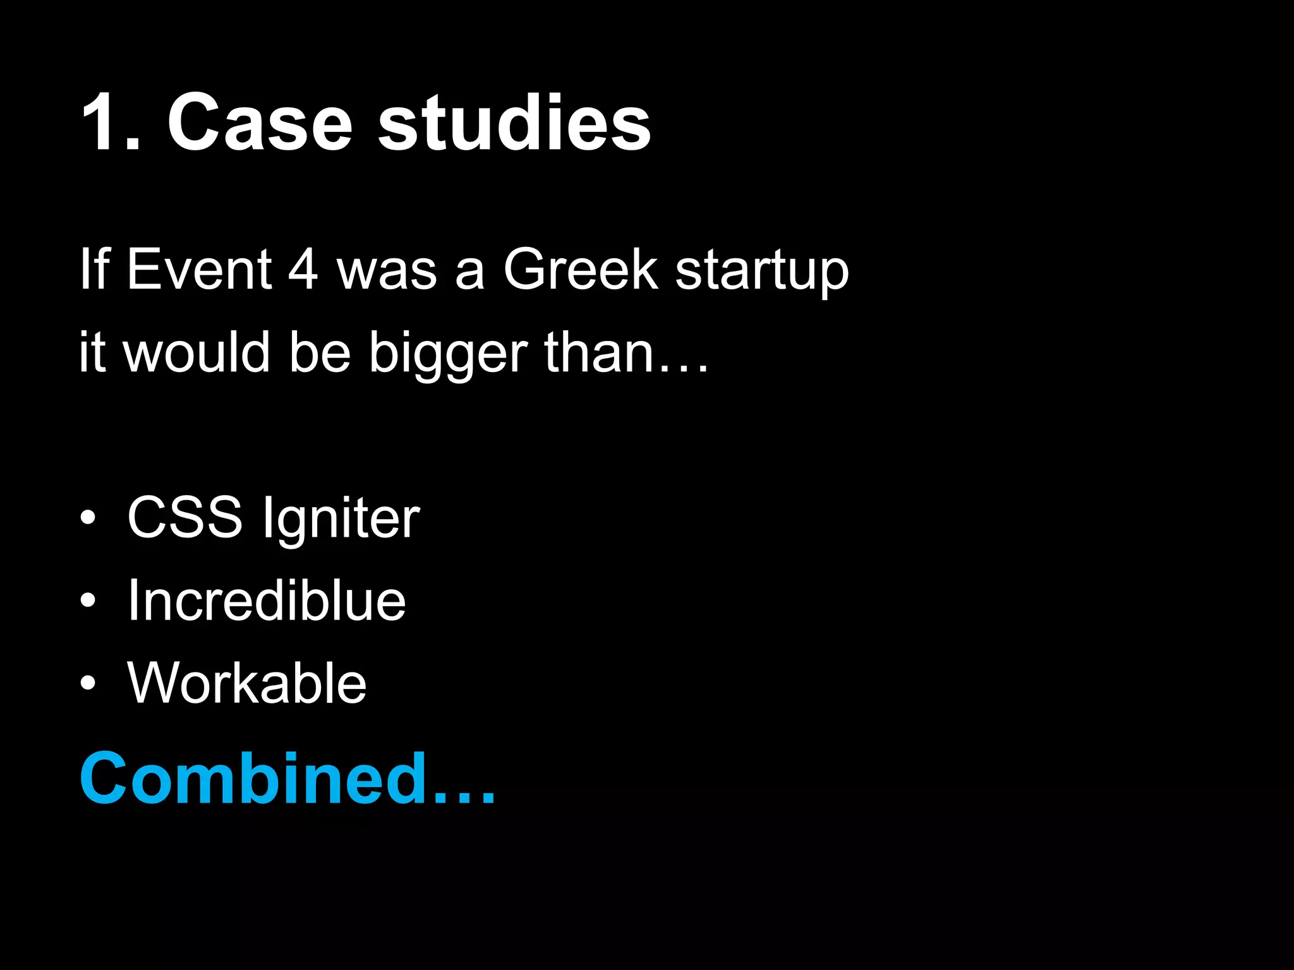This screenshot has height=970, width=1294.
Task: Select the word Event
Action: (x=199, y=270)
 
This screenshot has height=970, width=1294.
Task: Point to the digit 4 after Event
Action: (x=303, y=270)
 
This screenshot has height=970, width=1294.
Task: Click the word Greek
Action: (x=580, y=270)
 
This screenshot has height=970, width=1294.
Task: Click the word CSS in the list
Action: (x=184, y=518)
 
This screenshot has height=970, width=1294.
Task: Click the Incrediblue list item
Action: (x=266, y=601)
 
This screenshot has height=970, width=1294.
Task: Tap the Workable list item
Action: (x=246, y=683)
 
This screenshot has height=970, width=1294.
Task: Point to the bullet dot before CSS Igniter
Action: (x=88, y=518)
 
